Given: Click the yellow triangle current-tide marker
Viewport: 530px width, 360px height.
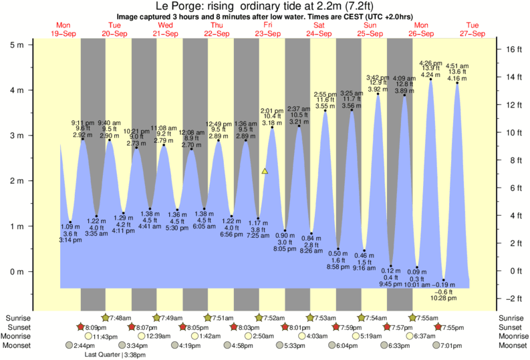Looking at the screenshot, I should point(265,172).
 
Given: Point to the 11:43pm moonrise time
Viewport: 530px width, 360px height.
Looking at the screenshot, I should point(118,337).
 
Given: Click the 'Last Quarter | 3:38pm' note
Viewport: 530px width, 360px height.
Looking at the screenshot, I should point(116,355).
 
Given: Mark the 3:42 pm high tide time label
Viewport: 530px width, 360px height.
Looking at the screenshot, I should point(378,78).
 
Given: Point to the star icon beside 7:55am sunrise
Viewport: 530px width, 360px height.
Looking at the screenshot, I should point(413,318).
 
